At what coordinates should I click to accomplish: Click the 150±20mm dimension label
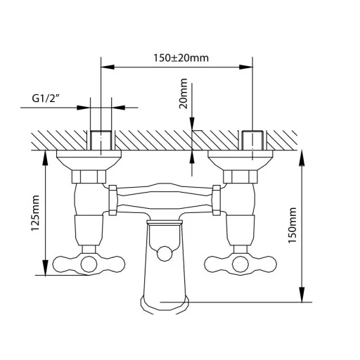pyautogui.click(x=181, y=58)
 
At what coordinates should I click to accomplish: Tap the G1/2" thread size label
pyautogui.click(x=44, y=98)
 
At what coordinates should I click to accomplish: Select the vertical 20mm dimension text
pyautogui.click(x=184, y=94)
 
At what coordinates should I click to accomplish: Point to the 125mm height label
pyautogui.click(x=36, y=212)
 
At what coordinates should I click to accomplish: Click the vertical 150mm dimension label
pyautogui.click(x=292, y=225)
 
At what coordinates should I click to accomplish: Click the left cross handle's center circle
pyautogui.click(x=89, y=264)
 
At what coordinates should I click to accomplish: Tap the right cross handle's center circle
pyautogui.click(x=240, y=264)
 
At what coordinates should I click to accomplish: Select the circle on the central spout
pyautogui.click(x=165, y=254)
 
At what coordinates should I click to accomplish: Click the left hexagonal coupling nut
pyautogui.click(x=89, y=176)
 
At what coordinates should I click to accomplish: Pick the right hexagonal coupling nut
pyautogui.click(x=240, y=176)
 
